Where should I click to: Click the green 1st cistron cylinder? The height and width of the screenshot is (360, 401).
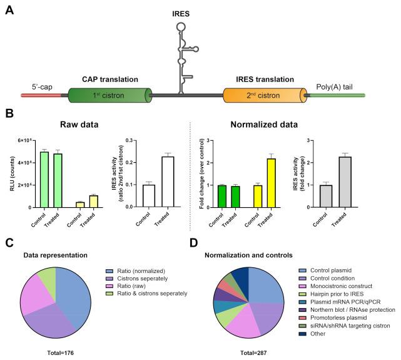point(113,96)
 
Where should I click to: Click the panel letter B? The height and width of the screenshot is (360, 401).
point(9,115)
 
